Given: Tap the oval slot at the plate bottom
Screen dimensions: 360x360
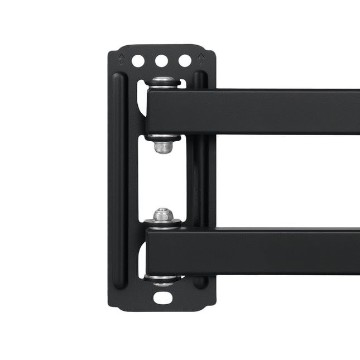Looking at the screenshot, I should (x=163, y=297).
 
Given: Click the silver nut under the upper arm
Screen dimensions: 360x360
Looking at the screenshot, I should (x=163, y=148).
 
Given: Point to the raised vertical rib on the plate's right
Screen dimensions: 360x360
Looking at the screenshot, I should (x=201, y=179).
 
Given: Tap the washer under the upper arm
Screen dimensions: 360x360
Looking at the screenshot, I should (x=163, y=137).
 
